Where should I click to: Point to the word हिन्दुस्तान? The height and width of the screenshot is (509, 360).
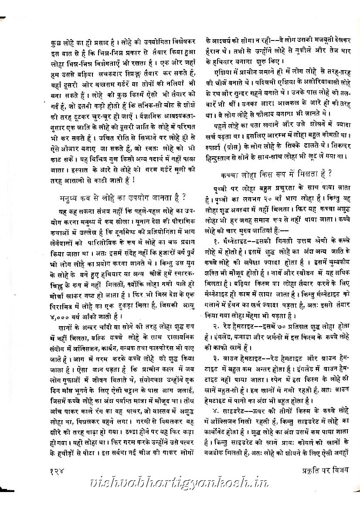pyautogui.click(x=221, y=156)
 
